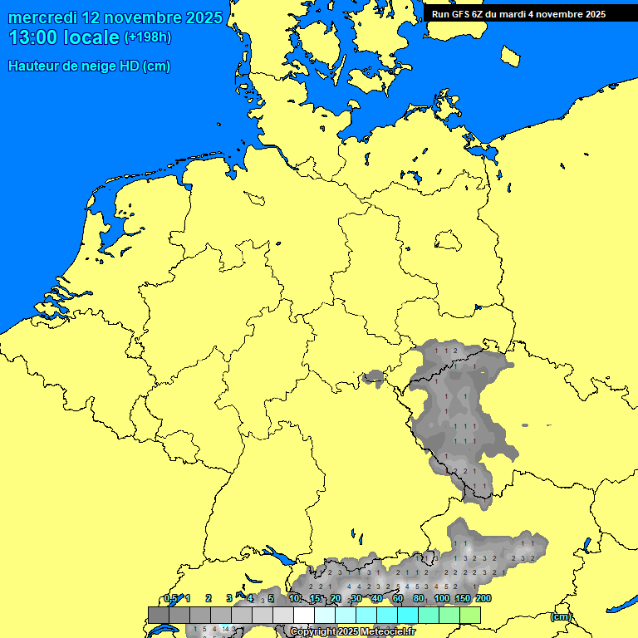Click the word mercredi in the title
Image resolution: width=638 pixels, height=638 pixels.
click(x=43, y=17)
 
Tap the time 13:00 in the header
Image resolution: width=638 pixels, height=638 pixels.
click(x=33, y=37)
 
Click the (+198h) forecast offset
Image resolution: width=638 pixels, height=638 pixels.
click(x=149, y=37)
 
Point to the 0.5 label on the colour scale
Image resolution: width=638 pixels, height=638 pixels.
click(x=170, y=598)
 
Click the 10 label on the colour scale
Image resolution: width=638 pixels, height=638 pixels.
click(x=295, y=598)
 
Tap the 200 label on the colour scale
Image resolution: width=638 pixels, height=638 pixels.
click(x=484, y=598)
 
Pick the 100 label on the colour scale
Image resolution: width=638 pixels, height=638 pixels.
click(x=442, y=598)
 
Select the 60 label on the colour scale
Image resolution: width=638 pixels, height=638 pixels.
click(x=398, y=598)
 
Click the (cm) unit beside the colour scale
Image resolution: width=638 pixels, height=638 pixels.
click(x=561, y=616)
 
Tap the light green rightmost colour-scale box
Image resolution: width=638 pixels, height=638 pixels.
click(x=470, y=615)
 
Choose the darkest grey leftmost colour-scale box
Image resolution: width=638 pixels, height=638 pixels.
click(x=158, y=615)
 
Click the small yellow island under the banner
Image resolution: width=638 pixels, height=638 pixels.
click(x=511, y=56)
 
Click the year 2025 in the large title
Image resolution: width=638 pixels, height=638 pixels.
click(x=202, y=17)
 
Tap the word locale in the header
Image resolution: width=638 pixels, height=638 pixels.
click(x=91, y=37)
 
